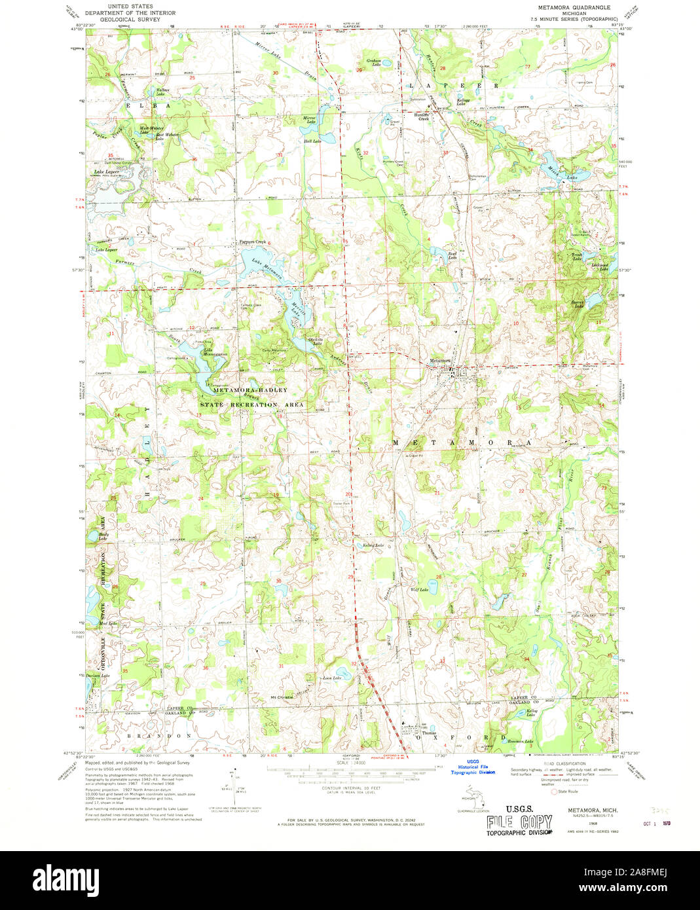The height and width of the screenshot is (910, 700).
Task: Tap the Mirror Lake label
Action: point(309,120)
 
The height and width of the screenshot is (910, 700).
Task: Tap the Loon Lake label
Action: point(332,678)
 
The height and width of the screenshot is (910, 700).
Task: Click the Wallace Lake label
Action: point(162,92)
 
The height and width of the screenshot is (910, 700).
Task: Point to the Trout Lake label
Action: point(577,257)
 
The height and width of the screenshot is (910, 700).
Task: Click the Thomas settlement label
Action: point(429,733)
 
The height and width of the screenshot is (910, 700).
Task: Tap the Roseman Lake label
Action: point(520,741)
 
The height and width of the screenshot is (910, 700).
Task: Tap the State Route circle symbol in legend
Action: point(554,792)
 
